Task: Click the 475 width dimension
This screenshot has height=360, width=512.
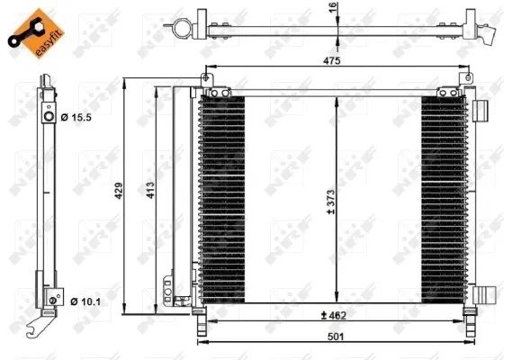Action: [332, 61]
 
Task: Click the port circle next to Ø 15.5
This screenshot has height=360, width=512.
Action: [48, 116]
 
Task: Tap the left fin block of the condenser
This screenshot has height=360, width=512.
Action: [221, 199]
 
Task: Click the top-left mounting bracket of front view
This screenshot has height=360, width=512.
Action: [211, 90]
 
